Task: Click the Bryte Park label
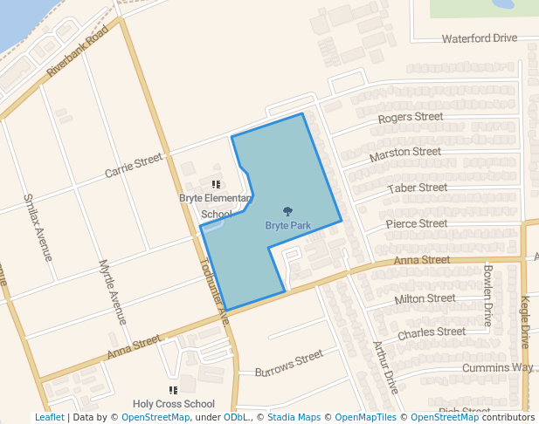pos(287,226)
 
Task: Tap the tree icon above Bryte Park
pos(287,211)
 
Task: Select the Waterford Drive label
pos(480,38)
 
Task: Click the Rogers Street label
pos(411,118)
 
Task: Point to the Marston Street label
pos(405,154)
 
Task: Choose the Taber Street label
pos(418,188)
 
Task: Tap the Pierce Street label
pos(417,224)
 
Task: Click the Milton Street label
pos(425,299)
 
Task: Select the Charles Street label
pos(432,332)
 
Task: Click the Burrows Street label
pos(289,366)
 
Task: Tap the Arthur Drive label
pos(385,366)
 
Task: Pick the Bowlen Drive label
pos(488,295)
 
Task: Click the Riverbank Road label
pos(78,51)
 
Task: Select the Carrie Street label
pos(134,166)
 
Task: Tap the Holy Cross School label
pos(174,404)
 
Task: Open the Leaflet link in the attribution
pos(50,418)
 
